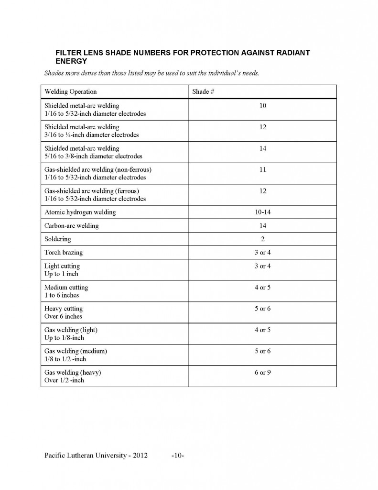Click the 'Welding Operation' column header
tap(70, 91)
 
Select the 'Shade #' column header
tap(203, 91)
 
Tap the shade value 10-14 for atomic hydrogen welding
tap(262, 212)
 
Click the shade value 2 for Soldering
tap(262, 239)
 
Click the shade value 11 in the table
tap(262, 169)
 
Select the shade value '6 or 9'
tap(262, 372)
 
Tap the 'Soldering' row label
tap(57, 239)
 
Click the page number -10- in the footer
tap(177, 456)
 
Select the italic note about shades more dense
tap(151, 74)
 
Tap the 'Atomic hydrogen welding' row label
tap(80, 212)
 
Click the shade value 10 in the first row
tap(262, 105)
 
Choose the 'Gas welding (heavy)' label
tap(73, 372)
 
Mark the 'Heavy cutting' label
tap(64, 309)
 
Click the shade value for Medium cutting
tap(262, 288)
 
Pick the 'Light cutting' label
tap(62, 266)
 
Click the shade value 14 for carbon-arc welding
tap(262, 225)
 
